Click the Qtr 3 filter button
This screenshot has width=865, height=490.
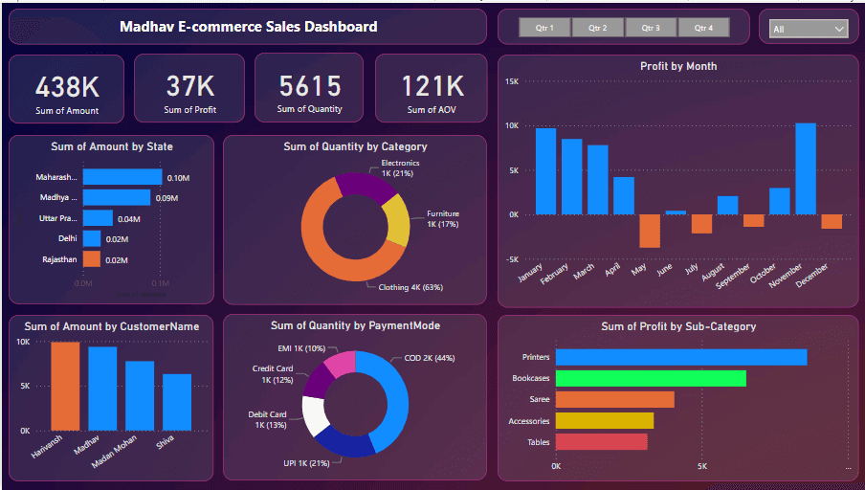click(x=651, y=29)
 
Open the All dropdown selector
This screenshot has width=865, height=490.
click(x=809, y=30)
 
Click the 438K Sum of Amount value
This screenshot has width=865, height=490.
click(x=67, y=87)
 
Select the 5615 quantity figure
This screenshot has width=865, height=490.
click(x=309, y=86)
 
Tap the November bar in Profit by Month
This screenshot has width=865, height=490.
click(x=806, y=168)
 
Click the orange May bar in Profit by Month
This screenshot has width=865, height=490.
click(x=650, y=231)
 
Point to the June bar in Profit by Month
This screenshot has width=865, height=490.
click(x=676, y=212)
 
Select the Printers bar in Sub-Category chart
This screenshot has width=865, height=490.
click(x=680, y=357)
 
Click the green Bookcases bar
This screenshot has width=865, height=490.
click(x=651, y=378)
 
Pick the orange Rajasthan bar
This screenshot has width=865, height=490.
click(x=92, y=259)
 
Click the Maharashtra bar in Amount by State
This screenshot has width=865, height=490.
click(x=122, y=177)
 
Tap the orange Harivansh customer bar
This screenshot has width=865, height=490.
click(x=65, y=386)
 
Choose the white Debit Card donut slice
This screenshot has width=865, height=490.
click(x=316, y=414)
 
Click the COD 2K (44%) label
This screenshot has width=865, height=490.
click(x=431, y=358)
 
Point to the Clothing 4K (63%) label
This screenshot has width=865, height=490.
click(x=410, y=287)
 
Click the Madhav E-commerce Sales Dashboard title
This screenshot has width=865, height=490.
click(x=248, y=27)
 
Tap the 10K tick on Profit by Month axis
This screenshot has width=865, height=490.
click(x=512, y=126)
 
